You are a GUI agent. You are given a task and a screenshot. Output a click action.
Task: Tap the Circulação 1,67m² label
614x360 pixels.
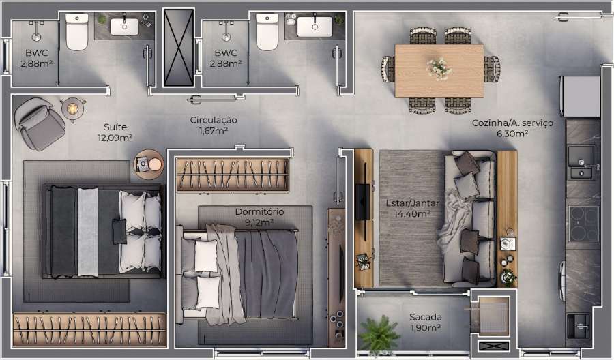(213, 125)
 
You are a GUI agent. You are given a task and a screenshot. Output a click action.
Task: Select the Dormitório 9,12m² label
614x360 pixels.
(259, 217)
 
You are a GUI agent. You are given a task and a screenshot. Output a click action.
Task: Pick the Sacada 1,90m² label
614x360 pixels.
(424, 322)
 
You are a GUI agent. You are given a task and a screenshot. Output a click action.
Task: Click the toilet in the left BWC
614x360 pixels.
(77, 34)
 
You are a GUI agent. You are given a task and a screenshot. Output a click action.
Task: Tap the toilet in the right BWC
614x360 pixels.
(267, 34)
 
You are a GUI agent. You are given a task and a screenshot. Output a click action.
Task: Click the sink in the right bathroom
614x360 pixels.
(315, 27)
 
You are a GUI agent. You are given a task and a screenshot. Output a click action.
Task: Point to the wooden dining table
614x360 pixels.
(439, 70)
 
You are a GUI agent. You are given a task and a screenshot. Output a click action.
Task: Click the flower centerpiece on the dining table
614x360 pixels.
(439, 68)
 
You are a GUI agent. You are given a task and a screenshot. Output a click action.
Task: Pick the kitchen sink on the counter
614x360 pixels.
(582, 161)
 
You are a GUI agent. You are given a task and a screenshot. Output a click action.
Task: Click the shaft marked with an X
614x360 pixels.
(179, 47)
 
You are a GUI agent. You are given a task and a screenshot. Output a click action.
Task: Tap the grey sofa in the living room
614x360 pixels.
(471, 218)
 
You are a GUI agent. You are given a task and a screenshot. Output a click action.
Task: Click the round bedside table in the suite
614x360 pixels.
(148, 164)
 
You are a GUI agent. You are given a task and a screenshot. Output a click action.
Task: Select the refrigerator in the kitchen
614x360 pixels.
(580, 96)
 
